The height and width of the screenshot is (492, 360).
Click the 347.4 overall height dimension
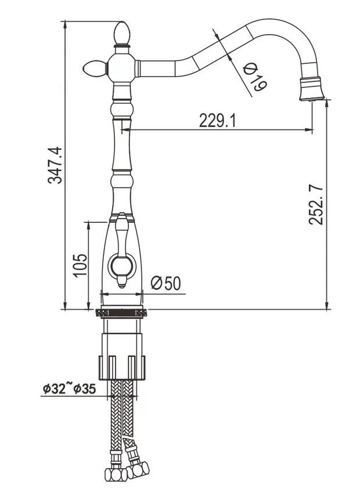[55, 165]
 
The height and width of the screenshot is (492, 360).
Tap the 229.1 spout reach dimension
[217, 121]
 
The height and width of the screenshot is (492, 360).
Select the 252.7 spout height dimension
[316, 205]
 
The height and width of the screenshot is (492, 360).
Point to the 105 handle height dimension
[80, 265]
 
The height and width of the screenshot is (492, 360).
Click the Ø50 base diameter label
[166, 283]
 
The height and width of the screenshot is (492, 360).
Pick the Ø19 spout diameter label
[255, 77]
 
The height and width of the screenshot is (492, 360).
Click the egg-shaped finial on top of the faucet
[122, 32]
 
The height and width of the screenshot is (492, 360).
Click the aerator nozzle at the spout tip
[311, 89]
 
